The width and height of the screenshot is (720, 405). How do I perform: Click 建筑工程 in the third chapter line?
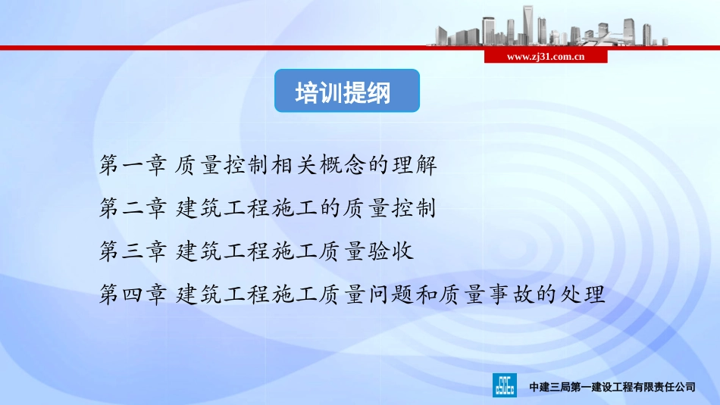219,251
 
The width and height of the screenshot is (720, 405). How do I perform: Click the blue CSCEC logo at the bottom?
506,385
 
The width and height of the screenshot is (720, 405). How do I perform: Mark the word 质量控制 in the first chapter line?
219,164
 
